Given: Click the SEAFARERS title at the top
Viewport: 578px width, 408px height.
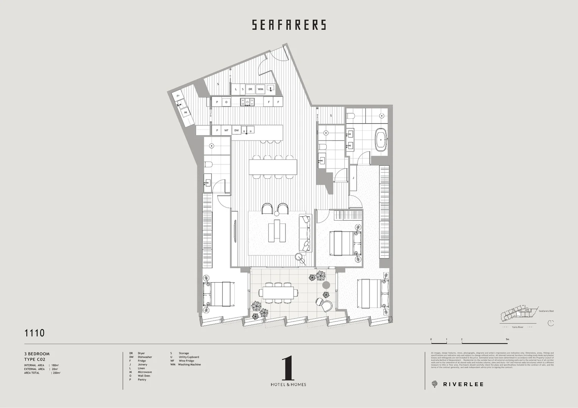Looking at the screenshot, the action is pos(289,25).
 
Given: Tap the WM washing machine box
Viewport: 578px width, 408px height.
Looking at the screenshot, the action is pos(260,89).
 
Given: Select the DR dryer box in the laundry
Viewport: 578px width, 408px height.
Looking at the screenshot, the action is pos(250,89).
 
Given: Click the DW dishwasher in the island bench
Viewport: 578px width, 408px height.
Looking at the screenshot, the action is pos(237,130).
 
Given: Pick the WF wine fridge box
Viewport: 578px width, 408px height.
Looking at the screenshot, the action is pos(226,130).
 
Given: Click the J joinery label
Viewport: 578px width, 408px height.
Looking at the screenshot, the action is pos(353,178).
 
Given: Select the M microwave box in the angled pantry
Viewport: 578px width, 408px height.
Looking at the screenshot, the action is pos(185,112).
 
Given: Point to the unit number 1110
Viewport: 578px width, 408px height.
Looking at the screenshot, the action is pos(34,333).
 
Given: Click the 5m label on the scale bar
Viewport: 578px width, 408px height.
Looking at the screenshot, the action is pos(507,340).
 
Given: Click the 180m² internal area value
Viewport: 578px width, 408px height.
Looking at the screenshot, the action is pos(55,365).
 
